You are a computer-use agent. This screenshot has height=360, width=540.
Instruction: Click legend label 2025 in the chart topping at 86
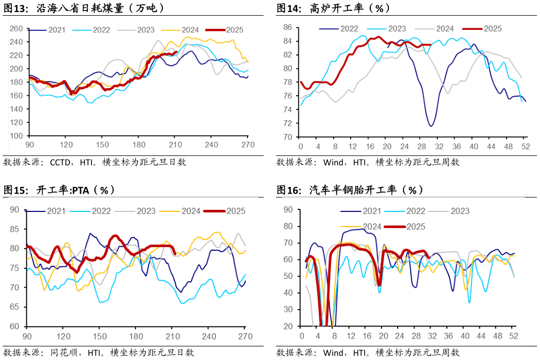492,28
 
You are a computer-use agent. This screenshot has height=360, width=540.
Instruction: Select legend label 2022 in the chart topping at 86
350,28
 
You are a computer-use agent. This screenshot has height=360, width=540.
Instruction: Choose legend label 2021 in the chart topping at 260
57,30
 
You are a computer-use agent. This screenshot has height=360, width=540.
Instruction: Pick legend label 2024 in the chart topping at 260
190,30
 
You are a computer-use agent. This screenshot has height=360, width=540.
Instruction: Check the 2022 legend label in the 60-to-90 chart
101,211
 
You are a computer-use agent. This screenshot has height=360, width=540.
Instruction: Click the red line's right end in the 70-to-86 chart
430,45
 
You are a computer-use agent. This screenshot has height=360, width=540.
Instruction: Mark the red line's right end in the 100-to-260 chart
176,52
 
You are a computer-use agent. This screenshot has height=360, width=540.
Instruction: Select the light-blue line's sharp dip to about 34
469,302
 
